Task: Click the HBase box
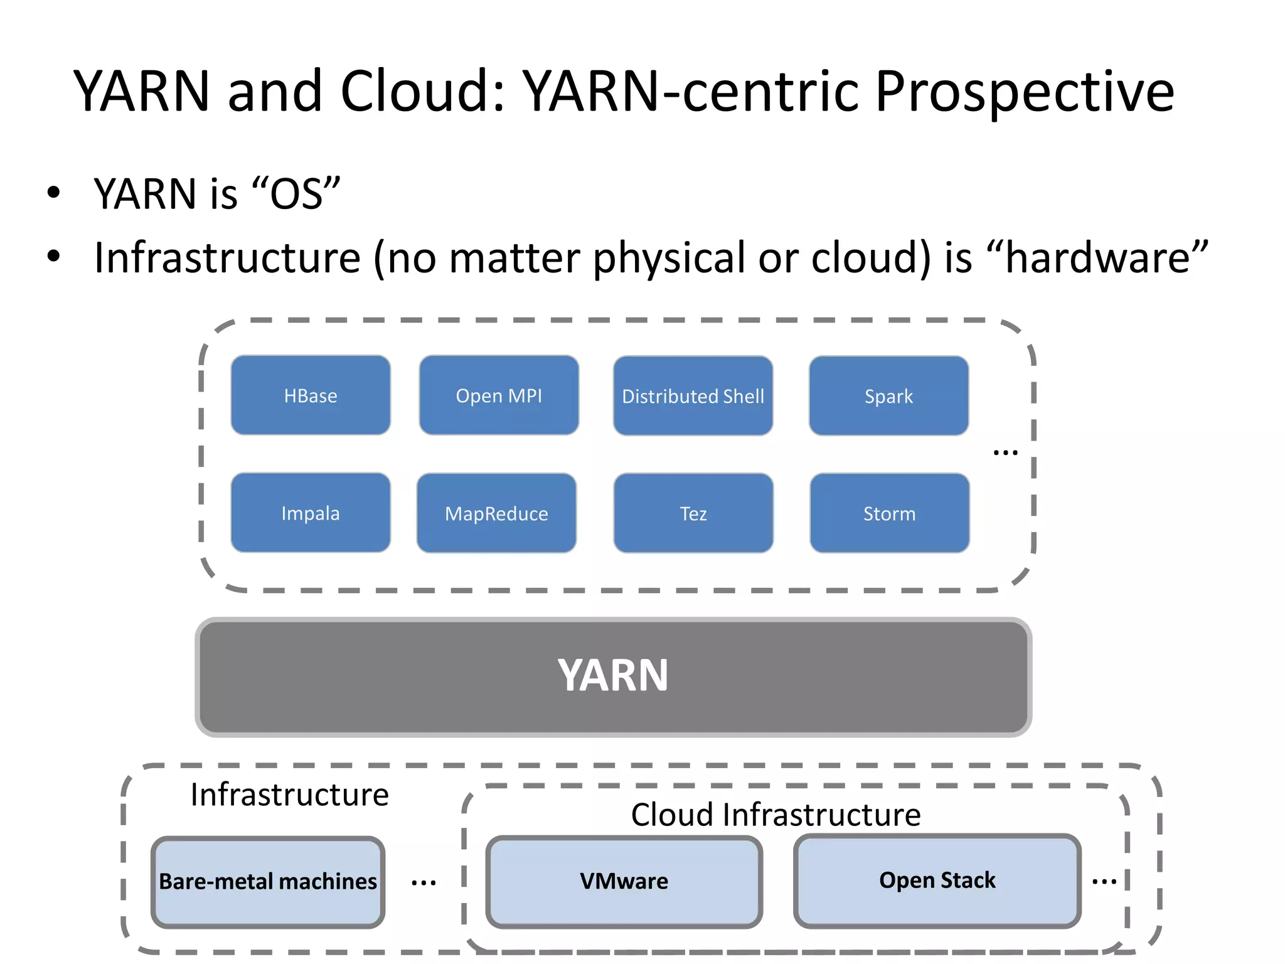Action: pyautogui.click(x=311, y=395)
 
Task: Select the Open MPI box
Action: pyautogui.click(x=499, y=395)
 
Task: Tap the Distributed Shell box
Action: pyautogui.click(x=693, y=396)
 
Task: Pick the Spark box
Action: pyautogui.click(x=888, y=396)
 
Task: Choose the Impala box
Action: pyautogui.click(x=311, y=513)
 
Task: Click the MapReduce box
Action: pyautogui.click(x=496, y=513)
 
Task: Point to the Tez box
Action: pyautogui.click(x=693, y=513)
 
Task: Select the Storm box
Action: pyautogui.click(x=889, y=513)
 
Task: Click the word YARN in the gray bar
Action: pyautogui.click(x=613, y=676)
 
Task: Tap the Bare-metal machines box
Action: pyautogui.click(x=268, y=881)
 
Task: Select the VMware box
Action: pyautogui.click(x=624, y=881)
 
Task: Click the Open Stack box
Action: pyautogui.click(x=937, y=880)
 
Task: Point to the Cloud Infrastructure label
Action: pyautogui.click(x=776, y=815)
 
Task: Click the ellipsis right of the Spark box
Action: pyautogui.click(x=1005, y=453)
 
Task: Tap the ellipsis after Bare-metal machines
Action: pyautogui.click(x=424, y=883)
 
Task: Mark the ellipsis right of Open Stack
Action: pyautogui.click(x=1104, y=882)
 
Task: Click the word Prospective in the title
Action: pyautogui.click(x=1024, y=92)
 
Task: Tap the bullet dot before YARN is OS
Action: pyautogui.click(x=53, y=193)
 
